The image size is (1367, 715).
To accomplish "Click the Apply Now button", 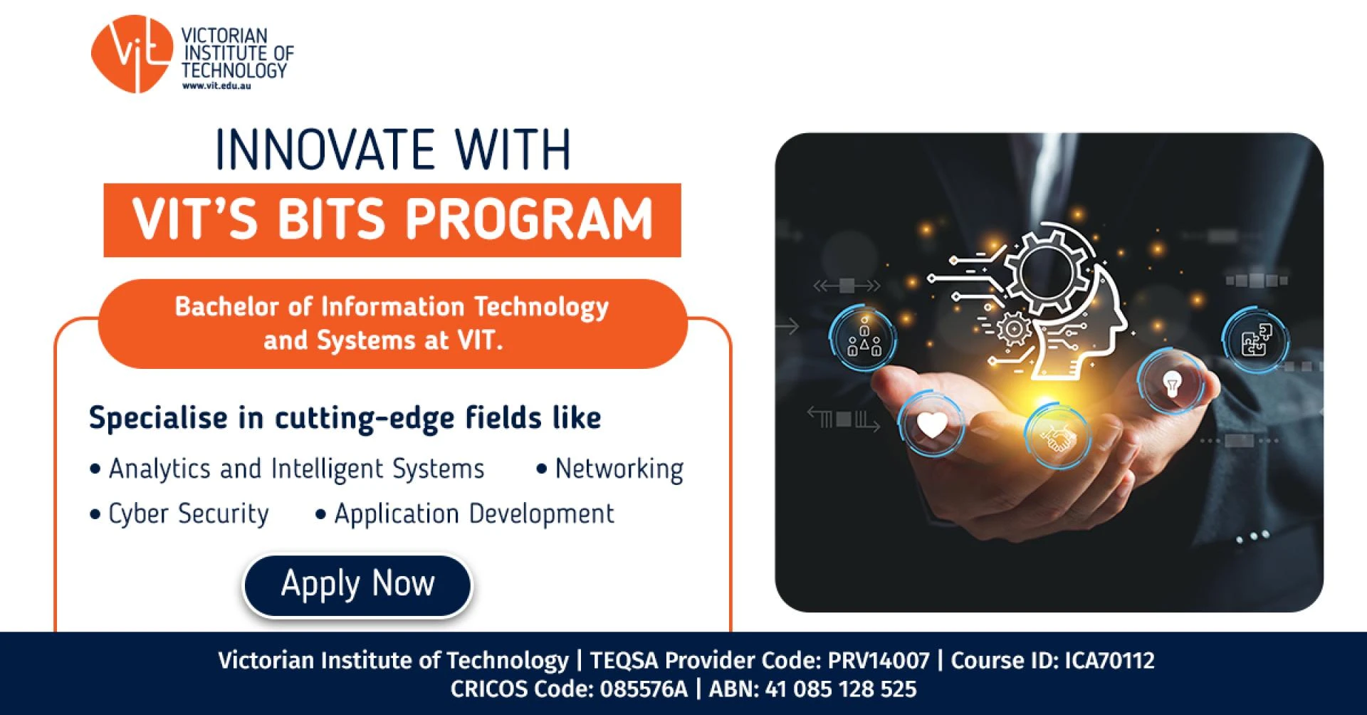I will pyautogui.click(x=357, y=585).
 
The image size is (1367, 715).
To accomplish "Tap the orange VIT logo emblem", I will pyautogui.click(x=132, y=53).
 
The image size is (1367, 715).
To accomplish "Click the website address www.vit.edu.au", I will pyautogui.click(x=216, y=86).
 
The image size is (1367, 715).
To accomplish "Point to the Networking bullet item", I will pyautogui.click(x=619, y=469).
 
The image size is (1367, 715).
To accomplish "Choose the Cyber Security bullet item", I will pyautogui.click(x=188, y=513).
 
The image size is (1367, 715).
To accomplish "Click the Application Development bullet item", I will pyautogui.click(x=473, y=513).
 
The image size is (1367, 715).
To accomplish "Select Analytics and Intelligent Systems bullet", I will pyautogui.click(x=296, y=469).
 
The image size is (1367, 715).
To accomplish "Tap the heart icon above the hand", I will pyautogui.click(x=931, y=425).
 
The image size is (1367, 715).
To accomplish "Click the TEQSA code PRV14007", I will pyautogui.click(x=878, y=661).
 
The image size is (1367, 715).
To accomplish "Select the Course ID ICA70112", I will pyautogui.click(x=1109, y=661).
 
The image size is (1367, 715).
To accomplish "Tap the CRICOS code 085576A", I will pyautogui.click(x=644, y=689).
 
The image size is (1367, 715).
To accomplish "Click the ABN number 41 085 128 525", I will pyautogui.click(x=840, y=689).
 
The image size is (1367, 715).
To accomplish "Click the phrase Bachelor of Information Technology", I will pyautogui.click(x=392, y=307).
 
